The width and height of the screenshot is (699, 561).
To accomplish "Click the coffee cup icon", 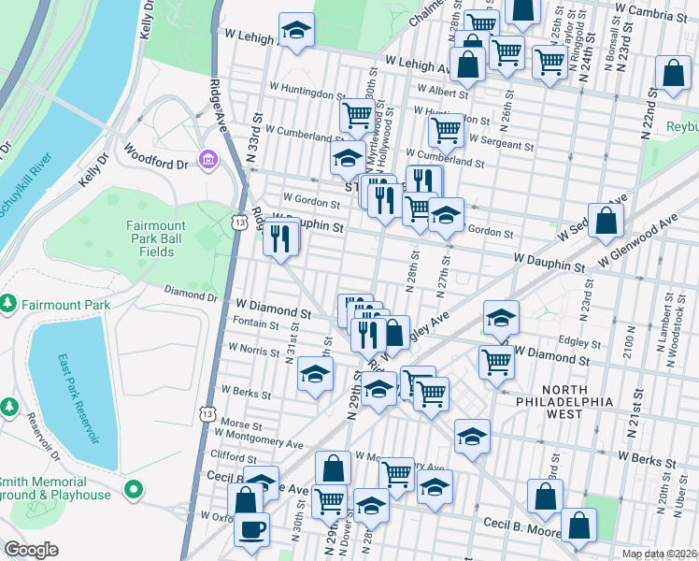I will click(251, 530).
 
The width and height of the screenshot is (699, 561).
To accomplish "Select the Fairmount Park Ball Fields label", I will click(157, 238).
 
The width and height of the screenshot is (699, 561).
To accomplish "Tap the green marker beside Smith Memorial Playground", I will click(136, 488).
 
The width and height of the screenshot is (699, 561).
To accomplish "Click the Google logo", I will click(32, 550).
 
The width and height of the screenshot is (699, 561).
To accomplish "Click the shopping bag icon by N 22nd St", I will click(672, 76).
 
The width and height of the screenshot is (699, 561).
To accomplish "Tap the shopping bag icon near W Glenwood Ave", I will click(606, 222).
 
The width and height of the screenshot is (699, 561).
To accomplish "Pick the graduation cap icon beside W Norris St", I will click(316, 375).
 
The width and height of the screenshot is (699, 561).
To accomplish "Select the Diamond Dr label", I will click(193, 296).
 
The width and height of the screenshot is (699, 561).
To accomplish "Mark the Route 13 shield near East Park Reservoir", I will click(207, 412).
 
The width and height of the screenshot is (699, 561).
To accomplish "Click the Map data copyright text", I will click(658, 554).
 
